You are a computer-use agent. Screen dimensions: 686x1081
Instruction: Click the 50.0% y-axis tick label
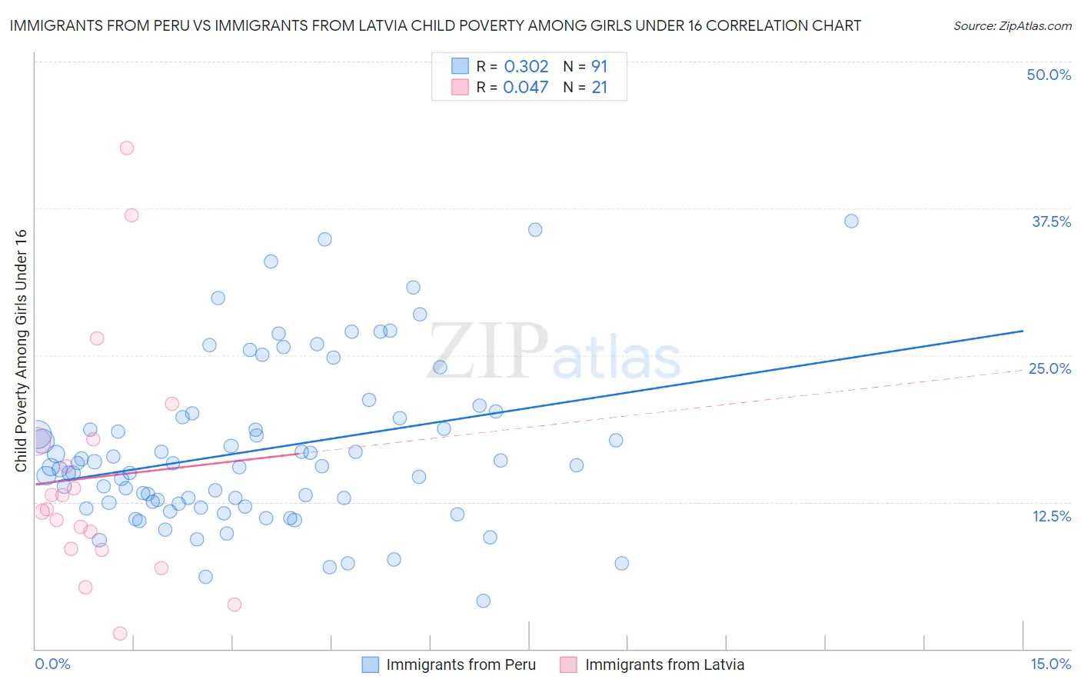1049,75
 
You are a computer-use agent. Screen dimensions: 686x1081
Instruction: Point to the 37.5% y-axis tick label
1051,221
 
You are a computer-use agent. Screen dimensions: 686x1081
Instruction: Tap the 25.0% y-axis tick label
1049,368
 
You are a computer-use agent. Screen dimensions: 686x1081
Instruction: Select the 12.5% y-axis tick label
1051,516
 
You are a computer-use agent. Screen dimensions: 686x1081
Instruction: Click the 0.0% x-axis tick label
52,664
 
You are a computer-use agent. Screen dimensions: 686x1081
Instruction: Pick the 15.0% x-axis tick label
1050,664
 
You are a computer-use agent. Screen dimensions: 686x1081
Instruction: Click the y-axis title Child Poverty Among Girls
21,350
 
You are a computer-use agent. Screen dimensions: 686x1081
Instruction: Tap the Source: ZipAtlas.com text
1012,25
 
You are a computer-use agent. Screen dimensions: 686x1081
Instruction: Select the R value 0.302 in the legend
526,66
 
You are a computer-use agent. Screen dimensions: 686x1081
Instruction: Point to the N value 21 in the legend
599,88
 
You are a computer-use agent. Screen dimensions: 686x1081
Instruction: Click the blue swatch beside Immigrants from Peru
371,664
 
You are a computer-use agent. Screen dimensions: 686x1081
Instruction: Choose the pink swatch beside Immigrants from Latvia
569,664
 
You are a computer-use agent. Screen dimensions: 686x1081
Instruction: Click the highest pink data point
127,148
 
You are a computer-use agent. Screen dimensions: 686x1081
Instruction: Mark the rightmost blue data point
851,221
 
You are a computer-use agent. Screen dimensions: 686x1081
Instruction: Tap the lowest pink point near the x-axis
120,634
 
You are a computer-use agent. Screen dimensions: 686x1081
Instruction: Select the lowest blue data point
483,601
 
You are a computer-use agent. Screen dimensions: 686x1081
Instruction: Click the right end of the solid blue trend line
1023,331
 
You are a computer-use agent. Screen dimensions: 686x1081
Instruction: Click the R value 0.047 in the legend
526,88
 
